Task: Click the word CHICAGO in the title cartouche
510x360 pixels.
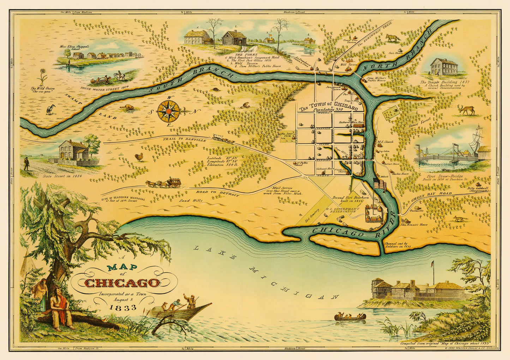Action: [122, 283]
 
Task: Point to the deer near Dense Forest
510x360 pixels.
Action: [467, 110]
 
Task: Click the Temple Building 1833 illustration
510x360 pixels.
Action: [444, 67]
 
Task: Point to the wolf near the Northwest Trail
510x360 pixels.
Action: [392, 38]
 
